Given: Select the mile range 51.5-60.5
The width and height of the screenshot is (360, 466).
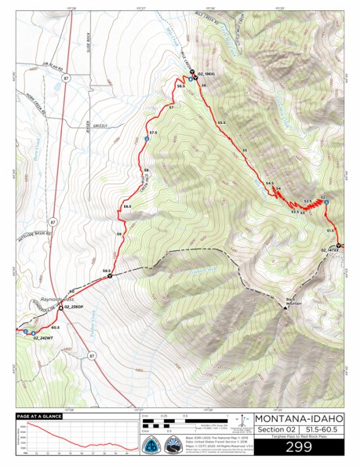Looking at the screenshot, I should [321, 428].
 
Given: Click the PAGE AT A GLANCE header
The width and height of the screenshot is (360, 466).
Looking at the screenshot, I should [37, 416].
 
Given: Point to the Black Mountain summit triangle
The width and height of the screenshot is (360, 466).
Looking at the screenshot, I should [285, 307].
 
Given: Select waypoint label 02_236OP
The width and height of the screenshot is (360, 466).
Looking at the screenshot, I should [75, 307].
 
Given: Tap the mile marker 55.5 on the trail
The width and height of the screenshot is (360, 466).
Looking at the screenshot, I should [221, 122].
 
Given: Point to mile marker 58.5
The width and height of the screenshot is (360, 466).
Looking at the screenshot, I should [127, 206].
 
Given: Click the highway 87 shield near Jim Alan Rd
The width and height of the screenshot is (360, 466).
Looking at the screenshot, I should [64, 78].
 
